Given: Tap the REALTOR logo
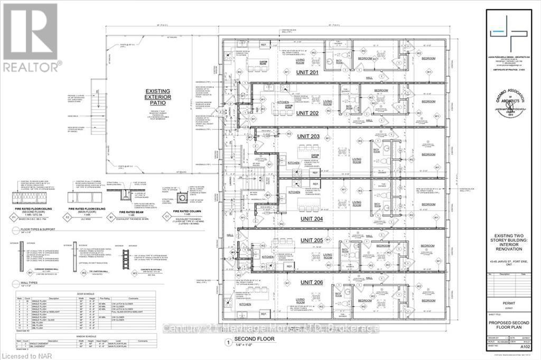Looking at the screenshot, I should pyautogui.click(x=30, y=37).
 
